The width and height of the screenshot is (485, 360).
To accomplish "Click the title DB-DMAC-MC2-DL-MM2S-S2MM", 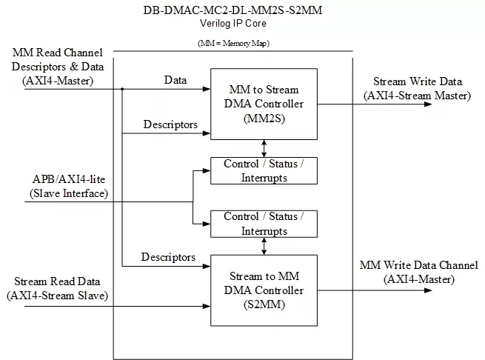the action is pyautogui.click(x=233, y=10).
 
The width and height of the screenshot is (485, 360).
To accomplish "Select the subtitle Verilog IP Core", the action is pyautogui.click(x=233, y=23).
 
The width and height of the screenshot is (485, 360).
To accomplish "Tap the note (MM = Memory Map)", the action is pyautogui.click(x=233, y=43).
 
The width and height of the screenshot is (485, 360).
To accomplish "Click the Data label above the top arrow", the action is pyautogui.click(x=175, y=80).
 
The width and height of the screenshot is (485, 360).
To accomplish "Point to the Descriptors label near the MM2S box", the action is pyautogui.click(x=170, y=124).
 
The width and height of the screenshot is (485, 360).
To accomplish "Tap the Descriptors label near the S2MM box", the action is pyautogui.click(x=168, y=257).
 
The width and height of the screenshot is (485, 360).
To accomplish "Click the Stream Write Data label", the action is pyautogui.click(x=418, y=81).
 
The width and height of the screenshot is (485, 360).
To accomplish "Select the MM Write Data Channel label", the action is pyautogui.click(x=419, y=265).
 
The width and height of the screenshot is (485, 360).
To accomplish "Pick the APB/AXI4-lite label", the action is pyautogui.click(x=69, y=179).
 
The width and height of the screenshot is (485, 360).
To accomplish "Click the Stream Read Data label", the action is pyautogui.click(x=57, y=281).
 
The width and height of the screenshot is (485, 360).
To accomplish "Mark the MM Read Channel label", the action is pyautogui.click(x=58, y=53).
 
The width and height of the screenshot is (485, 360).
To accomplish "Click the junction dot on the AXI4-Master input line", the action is pyautogui.click(x=122, y=89).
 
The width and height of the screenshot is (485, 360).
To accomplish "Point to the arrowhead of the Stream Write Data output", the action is pyautogui.click(x=428, y=104).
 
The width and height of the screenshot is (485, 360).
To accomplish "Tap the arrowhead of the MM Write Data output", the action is pyautogui.click(x=428, y=290).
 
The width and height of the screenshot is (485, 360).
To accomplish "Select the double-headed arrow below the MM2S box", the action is pyautogui.click(x=264, y=149).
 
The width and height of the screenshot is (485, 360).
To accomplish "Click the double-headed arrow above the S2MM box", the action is pyautogui.click(x=264, y=246).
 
